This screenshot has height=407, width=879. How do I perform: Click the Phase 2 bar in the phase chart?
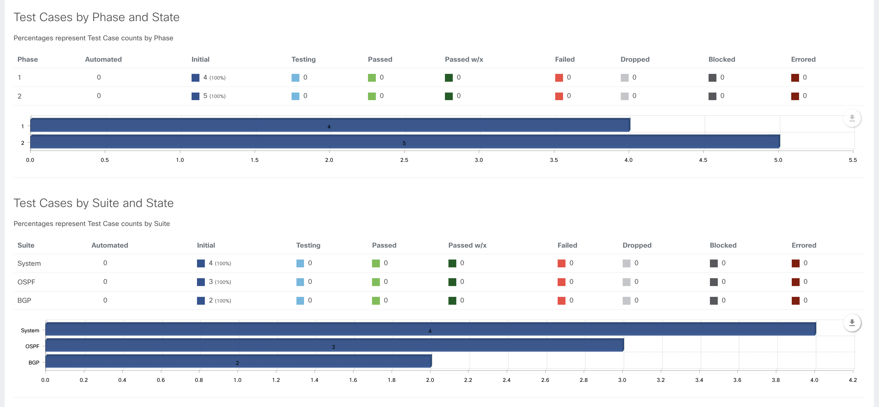coord(405,142)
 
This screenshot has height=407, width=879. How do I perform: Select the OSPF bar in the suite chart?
coord(334,345)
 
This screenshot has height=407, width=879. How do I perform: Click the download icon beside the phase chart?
coord(852,118)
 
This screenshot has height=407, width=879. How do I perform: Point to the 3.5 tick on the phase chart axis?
coord(554,160)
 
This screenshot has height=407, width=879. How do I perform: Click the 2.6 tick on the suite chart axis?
coord(545,380)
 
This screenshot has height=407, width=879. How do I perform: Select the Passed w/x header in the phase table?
coord(464,59)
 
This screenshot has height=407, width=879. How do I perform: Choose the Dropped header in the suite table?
coord(637,245)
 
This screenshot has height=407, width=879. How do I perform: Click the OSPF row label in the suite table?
coord(26,282)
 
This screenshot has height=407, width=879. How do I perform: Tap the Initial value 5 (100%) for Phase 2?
coord(214,96)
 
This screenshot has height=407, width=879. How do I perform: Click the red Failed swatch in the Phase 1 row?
coord(559,78)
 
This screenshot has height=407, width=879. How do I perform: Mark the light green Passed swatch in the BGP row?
coord(376,301)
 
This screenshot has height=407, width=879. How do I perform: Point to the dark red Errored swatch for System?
coord(795,263)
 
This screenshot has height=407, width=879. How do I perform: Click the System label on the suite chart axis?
coord(30,330)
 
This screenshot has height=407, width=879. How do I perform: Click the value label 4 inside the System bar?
coord(430,331)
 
